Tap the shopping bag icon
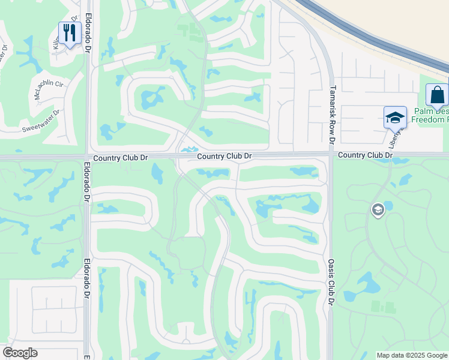coord(437,95)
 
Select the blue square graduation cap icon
coord(395,118)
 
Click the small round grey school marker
coord(378,209)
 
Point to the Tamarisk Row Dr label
coord(331,115)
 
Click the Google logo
coord(20,353)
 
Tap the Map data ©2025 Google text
coord(412,355)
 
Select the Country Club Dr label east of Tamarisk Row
coord(365,155)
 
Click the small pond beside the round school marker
coord(388,206)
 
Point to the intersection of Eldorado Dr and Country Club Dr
coord(88,157)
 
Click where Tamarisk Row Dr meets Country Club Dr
coord(331,154)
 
